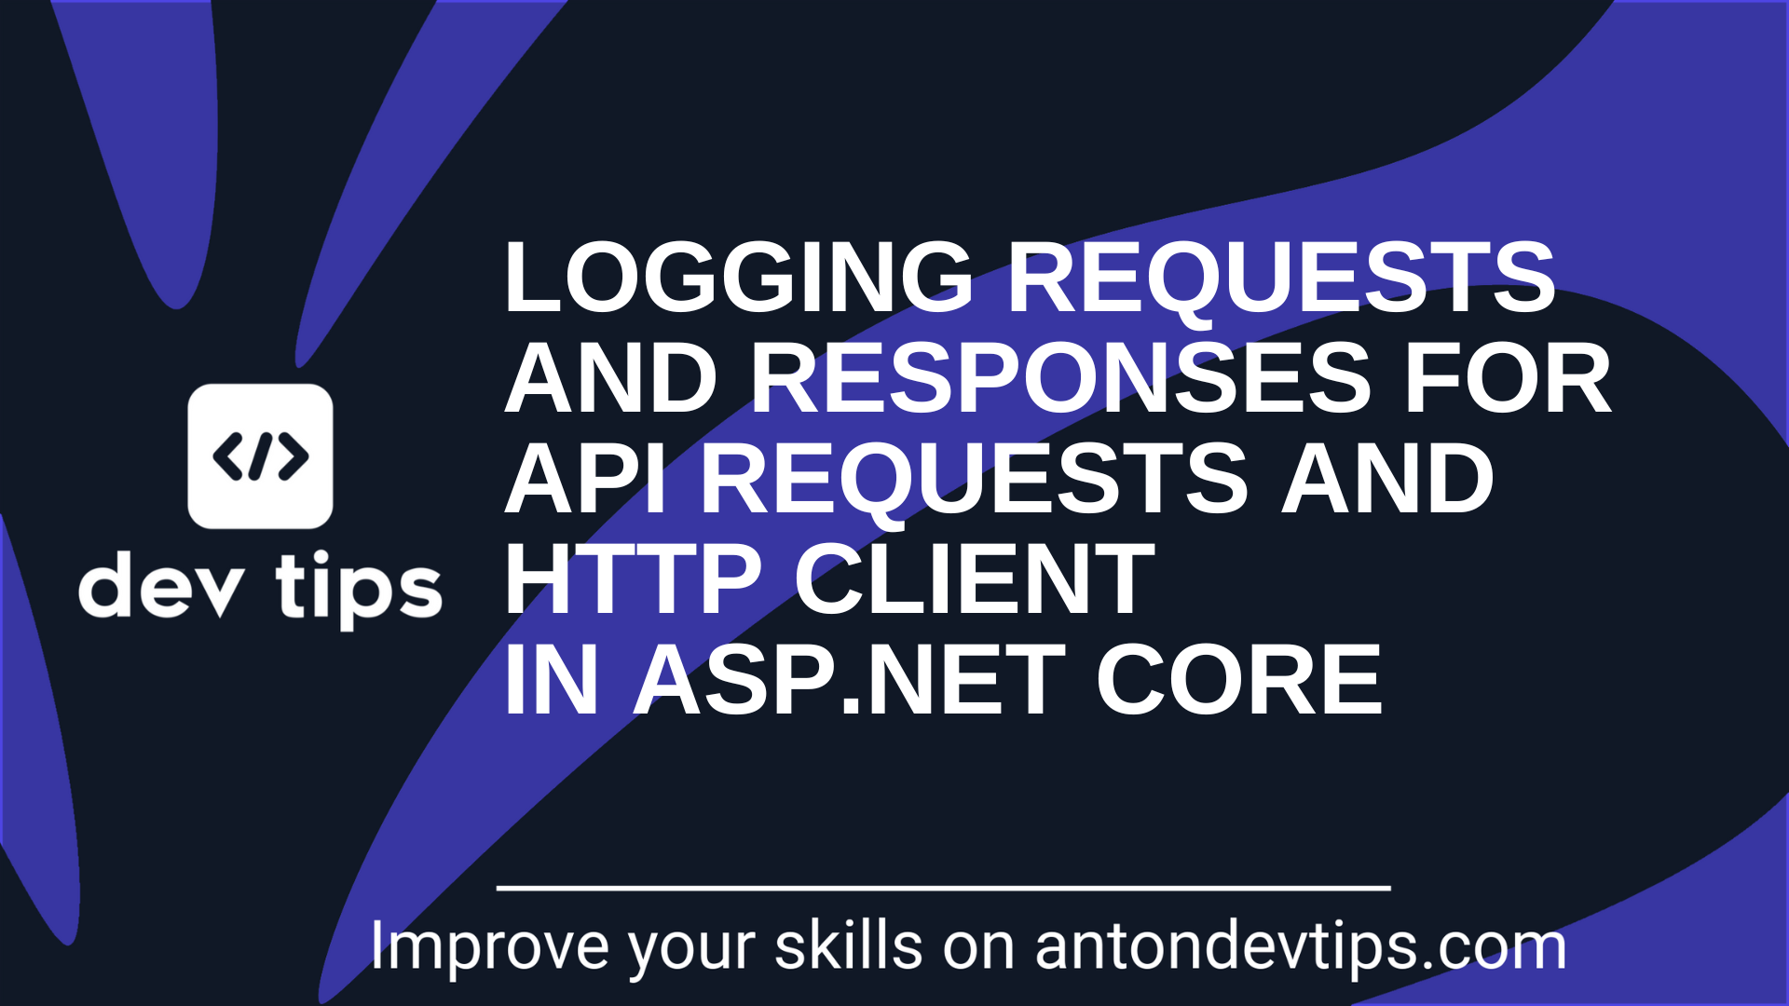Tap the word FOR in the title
tap(1508, 378)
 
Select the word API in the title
tap(585, 479)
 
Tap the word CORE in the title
tap(1238, 681)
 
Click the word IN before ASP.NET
tap(550, 681)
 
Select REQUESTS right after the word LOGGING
tap(1281, 278)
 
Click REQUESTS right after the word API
tap(974, 479)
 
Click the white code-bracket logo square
tap(260, 456)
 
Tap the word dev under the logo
tap(162, 588)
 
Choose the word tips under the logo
tap(359, 588)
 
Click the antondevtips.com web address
tap(1301, 947)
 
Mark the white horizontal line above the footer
tap(943, 889)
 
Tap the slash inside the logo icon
tap(261, 456)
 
